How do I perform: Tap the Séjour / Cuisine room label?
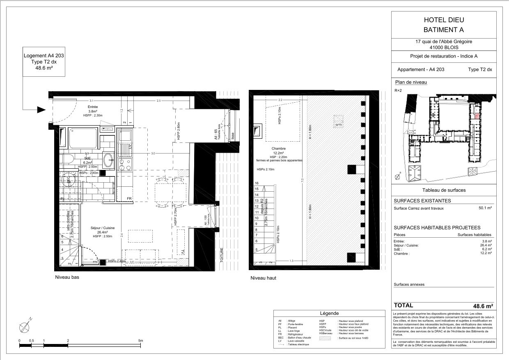(103, 228)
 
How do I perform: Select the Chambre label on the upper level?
(278, 149)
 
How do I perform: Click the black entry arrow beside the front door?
(41, 110)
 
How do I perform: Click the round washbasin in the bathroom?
(108, 160)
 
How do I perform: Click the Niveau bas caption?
(67, 277)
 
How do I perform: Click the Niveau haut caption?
(263, 278)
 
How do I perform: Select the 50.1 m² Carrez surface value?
(485, 208)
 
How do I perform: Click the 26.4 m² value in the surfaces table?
(486, 245)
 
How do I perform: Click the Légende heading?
(329, 313)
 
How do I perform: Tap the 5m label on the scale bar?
(140, 341)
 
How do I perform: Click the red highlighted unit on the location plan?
(476, 116)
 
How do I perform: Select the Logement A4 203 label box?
(38, 62)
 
